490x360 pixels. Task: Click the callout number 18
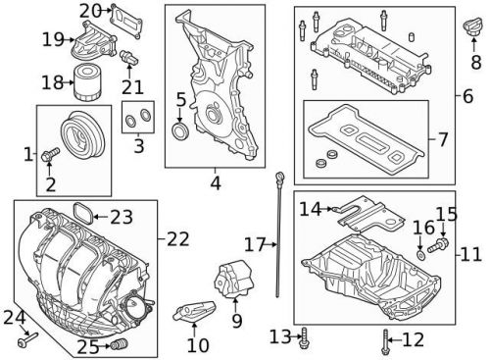[49, 82]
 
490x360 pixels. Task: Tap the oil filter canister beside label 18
[83, 84]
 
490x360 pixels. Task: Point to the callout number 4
[215, 181]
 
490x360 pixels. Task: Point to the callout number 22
[177, 238]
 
